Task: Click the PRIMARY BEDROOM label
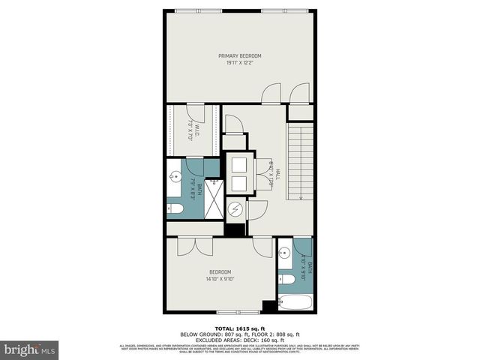239,55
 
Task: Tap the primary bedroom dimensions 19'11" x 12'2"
239,62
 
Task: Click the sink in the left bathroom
175,178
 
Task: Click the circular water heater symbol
235,208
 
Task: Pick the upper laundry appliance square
241,164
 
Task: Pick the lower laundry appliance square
241,183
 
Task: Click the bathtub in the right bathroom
294,304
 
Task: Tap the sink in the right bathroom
283,252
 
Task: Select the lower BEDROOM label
220,271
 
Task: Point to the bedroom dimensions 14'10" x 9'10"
220,279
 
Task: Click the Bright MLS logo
30,350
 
